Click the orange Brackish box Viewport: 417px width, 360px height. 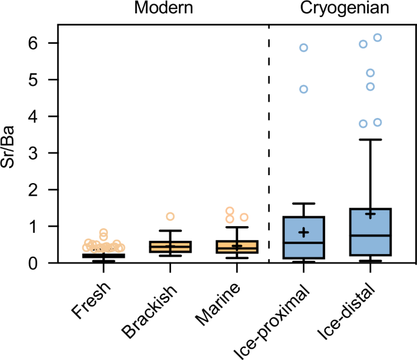tap(171, 246)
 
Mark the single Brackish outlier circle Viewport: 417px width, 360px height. tap(170, 216)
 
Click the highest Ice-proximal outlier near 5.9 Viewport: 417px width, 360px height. tap(304, 47)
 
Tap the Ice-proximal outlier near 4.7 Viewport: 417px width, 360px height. tap(304, 89)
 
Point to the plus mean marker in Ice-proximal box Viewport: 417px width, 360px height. tap(304, 232)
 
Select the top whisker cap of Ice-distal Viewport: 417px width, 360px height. tap(370, 140)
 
